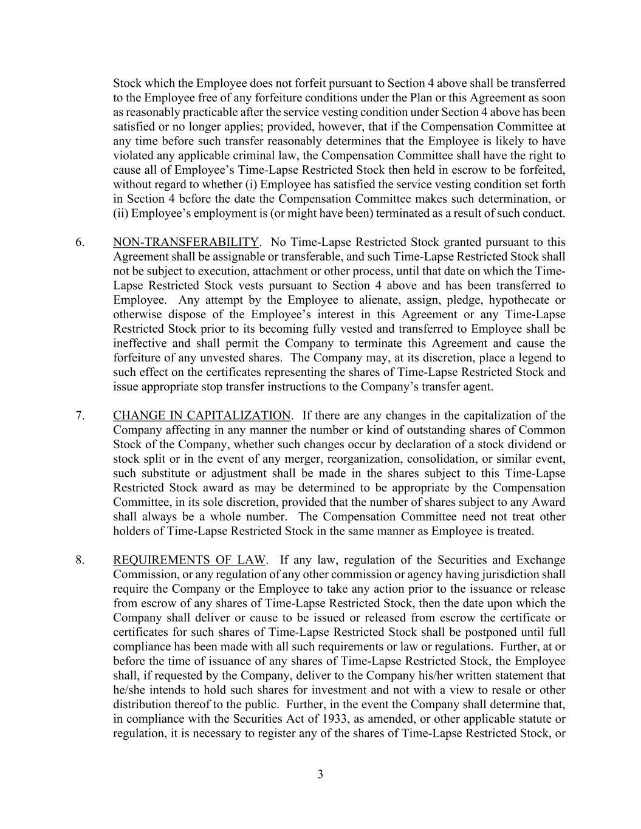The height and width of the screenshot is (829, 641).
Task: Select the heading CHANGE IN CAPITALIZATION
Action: click(x=202, y=415)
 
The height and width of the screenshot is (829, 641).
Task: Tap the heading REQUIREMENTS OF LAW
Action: click(x=189, y=560)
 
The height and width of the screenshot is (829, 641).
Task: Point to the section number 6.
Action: click(x=80, y=242)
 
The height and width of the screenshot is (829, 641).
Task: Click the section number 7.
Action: click(x=80, y=415)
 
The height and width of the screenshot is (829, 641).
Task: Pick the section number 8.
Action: click(x=80, y=560)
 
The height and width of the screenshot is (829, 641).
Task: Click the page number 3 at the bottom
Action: click(x=320, y=774)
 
